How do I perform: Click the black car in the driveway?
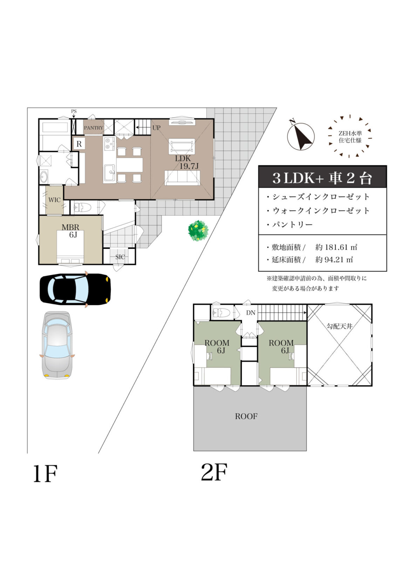pyautogui.click(x=75, y=289)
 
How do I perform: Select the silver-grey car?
pyautogui.click(x=57, y=345)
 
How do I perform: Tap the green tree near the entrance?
pyautogui.click(x=198, y=230)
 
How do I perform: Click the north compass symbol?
pyautogui.click(x=300, y=136)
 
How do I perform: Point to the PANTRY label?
pyautogui.click(x=93, y=128)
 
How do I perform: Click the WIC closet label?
pyautogui.click(x=54, y=200)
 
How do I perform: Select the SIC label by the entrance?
pyautogui.click(x=120, y=257)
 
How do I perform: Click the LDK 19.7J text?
pyautogui.click(x=186, y=162)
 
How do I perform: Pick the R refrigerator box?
pyautogui.click(x=79, y=144)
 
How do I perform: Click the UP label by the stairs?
pyautogui.click(x=156, y=128)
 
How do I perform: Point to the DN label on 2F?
pyautogui.click(x=251, y=313)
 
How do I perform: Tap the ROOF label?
pyautogui.click(x=246, y=416)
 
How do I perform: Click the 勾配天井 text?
pyautogui.click(x=339, y=326)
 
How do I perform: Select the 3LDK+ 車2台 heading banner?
pyautogui.click(x=322, y=178)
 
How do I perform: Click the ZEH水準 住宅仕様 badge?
pyautogui.click(x=350, y=137)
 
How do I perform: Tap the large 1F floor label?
pyautogui.click(x=45, y=474)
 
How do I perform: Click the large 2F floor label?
pyautogui.click(x=214, y=472)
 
